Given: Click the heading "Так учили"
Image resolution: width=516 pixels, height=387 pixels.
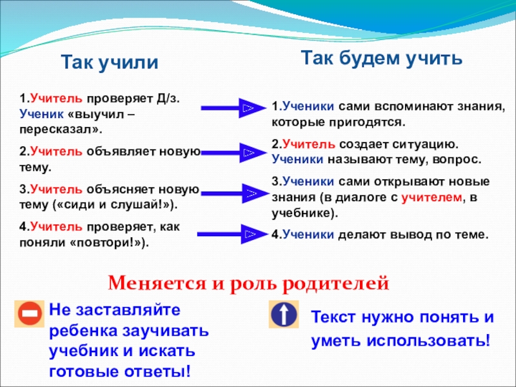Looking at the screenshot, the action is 109,63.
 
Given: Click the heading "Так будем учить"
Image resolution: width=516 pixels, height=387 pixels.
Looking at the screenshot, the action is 382,59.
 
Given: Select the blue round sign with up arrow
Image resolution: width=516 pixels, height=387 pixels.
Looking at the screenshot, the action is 283,315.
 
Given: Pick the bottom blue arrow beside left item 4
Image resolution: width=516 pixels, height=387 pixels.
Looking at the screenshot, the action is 230,233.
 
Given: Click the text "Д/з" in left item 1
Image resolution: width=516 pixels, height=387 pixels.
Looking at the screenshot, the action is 170,99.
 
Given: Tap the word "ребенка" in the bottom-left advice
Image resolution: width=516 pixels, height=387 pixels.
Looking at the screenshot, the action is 83,331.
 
